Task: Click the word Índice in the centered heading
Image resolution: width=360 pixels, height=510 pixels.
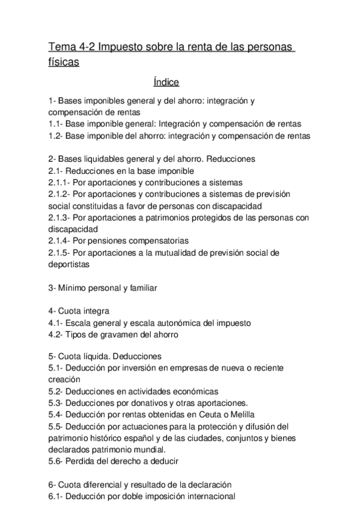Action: tap(166, 82)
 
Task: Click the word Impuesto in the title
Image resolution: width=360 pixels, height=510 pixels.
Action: tap(122, 48)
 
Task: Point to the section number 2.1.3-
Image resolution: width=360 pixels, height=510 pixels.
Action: tap(61, 218)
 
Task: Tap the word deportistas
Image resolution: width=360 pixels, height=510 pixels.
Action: tap(69, 263)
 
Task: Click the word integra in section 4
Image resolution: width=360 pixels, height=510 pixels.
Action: tap(94, 311)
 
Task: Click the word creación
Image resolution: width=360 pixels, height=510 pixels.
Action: tap(64, 379)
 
